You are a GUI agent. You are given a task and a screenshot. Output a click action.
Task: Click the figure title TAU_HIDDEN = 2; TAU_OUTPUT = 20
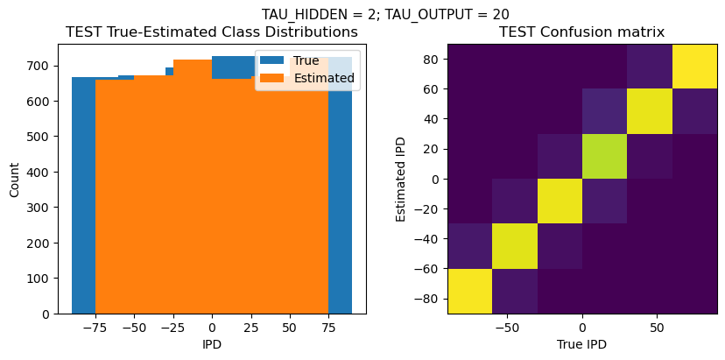point(385,14)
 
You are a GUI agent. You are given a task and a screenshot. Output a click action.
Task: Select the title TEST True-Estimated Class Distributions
point(212,32)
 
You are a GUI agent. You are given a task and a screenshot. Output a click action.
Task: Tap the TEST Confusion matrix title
point(581,32)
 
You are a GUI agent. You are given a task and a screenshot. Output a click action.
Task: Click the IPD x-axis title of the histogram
point(212,344)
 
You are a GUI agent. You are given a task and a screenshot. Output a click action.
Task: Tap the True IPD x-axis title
point(581,344)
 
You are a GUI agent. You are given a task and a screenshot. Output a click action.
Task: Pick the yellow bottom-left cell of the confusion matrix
point(469,291)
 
